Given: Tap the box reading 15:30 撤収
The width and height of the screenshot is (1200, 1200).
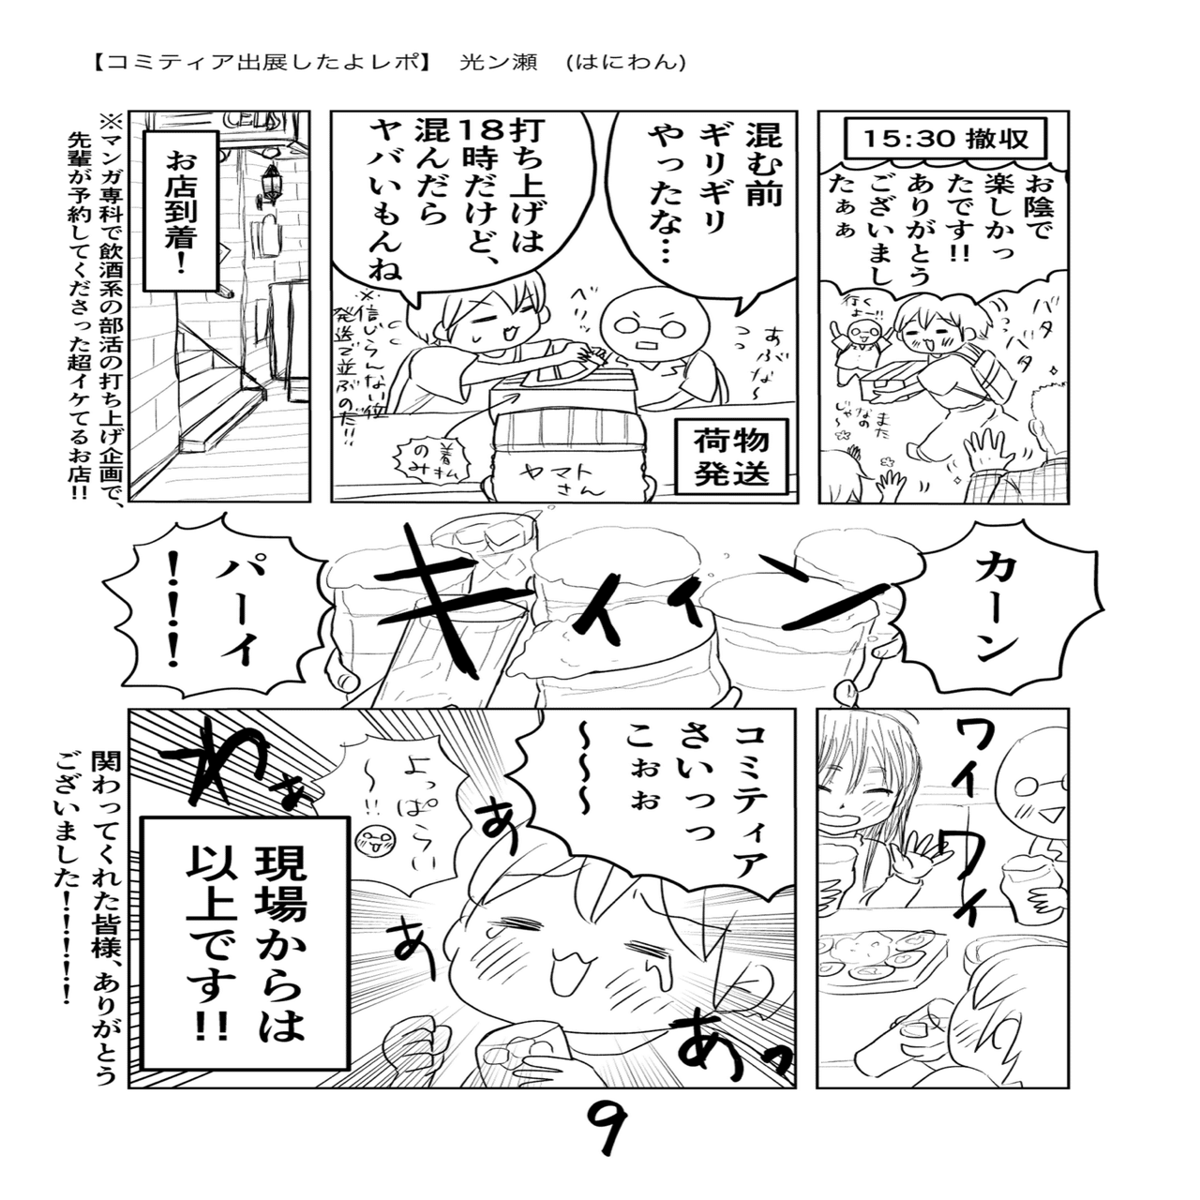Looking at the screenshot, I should (x=946, y=139).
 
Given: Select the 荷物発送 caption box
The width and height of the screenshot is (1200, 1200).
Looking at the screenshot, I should (x=731, y=455).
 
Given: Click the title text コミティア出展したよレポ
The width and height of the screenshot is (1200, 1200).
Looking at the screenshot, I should (x=262, y=63).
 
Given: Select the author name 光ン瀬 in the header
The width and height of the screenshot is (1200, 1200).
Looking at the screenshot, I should (x=498, y=63).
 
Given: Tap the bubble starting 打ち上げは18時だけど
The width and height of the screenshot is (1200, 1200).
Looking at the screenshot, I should (x=450, y=202).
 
